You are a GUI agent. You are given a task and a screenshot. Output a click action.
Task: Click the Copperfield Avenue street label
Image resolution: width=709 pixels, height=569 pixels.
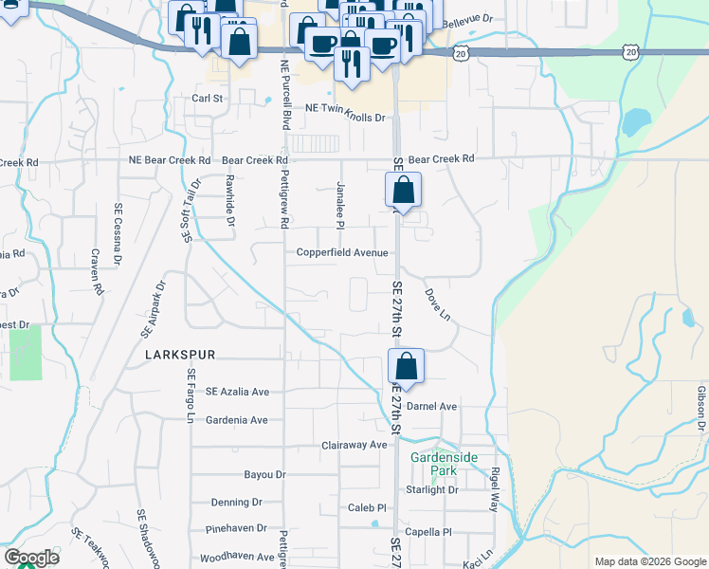[x=342, y=252]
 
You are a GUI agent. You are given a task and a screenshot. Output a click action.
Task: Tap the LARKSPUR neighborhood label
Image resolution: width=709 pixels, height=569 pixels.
[x=181, y=354]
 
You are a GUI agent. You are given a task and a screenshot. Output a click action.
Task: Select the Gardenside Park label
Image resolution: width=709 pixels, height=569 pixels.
[x=440, y=463]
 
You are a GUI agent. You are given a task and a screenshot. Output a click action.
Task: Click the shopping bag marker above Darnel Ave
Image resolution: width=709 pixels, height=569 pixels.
[x=405, y=367]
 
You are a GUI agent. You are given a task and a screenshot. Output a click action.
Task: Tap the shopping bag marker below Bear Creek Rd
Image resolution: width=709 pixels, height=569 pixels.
[x=403, y=191]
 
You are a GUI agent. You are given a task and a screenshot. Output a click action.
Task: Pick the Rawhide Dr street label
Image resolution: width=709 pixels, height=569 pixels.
[x=230, y=198]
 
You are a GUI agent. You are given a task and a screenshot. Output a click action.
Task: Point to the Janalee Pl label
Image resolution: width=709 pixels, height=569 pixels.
[x=339, y=204]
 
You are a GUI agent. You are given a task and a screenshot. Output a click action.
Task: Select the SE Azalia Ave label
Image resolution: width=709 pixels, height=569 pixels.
[x=238, y=392]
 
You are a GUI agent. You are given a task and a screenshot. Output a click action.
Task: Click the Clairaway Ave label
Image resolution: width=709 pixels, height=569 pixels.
[x=354, y=445]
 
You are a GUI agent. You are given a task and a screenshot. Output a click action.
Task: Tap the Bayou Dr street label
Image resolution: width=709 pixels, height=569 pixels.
[x=264, y=474]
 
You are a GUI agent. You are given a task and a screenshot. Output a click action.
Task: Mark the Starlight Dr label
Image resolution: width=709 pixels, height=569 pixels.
[x=431, y=489]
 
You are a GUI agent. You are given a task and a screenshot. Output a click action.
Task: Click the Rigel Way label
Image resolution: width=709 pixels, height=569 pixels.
[x=495, y=489]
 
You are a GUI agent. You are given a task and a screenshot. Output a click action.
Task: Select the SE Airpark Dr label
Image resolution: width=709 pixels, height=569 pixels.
[x=153, y=309]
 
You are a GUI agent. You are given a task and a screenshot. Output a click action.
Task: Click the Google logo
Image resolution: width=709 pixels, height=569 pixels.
[x=31, y=558]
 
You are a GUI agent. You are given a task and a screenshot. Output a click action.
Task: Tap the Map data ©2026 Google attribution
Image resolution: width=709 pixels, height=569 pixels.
[x=648, y=561]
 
